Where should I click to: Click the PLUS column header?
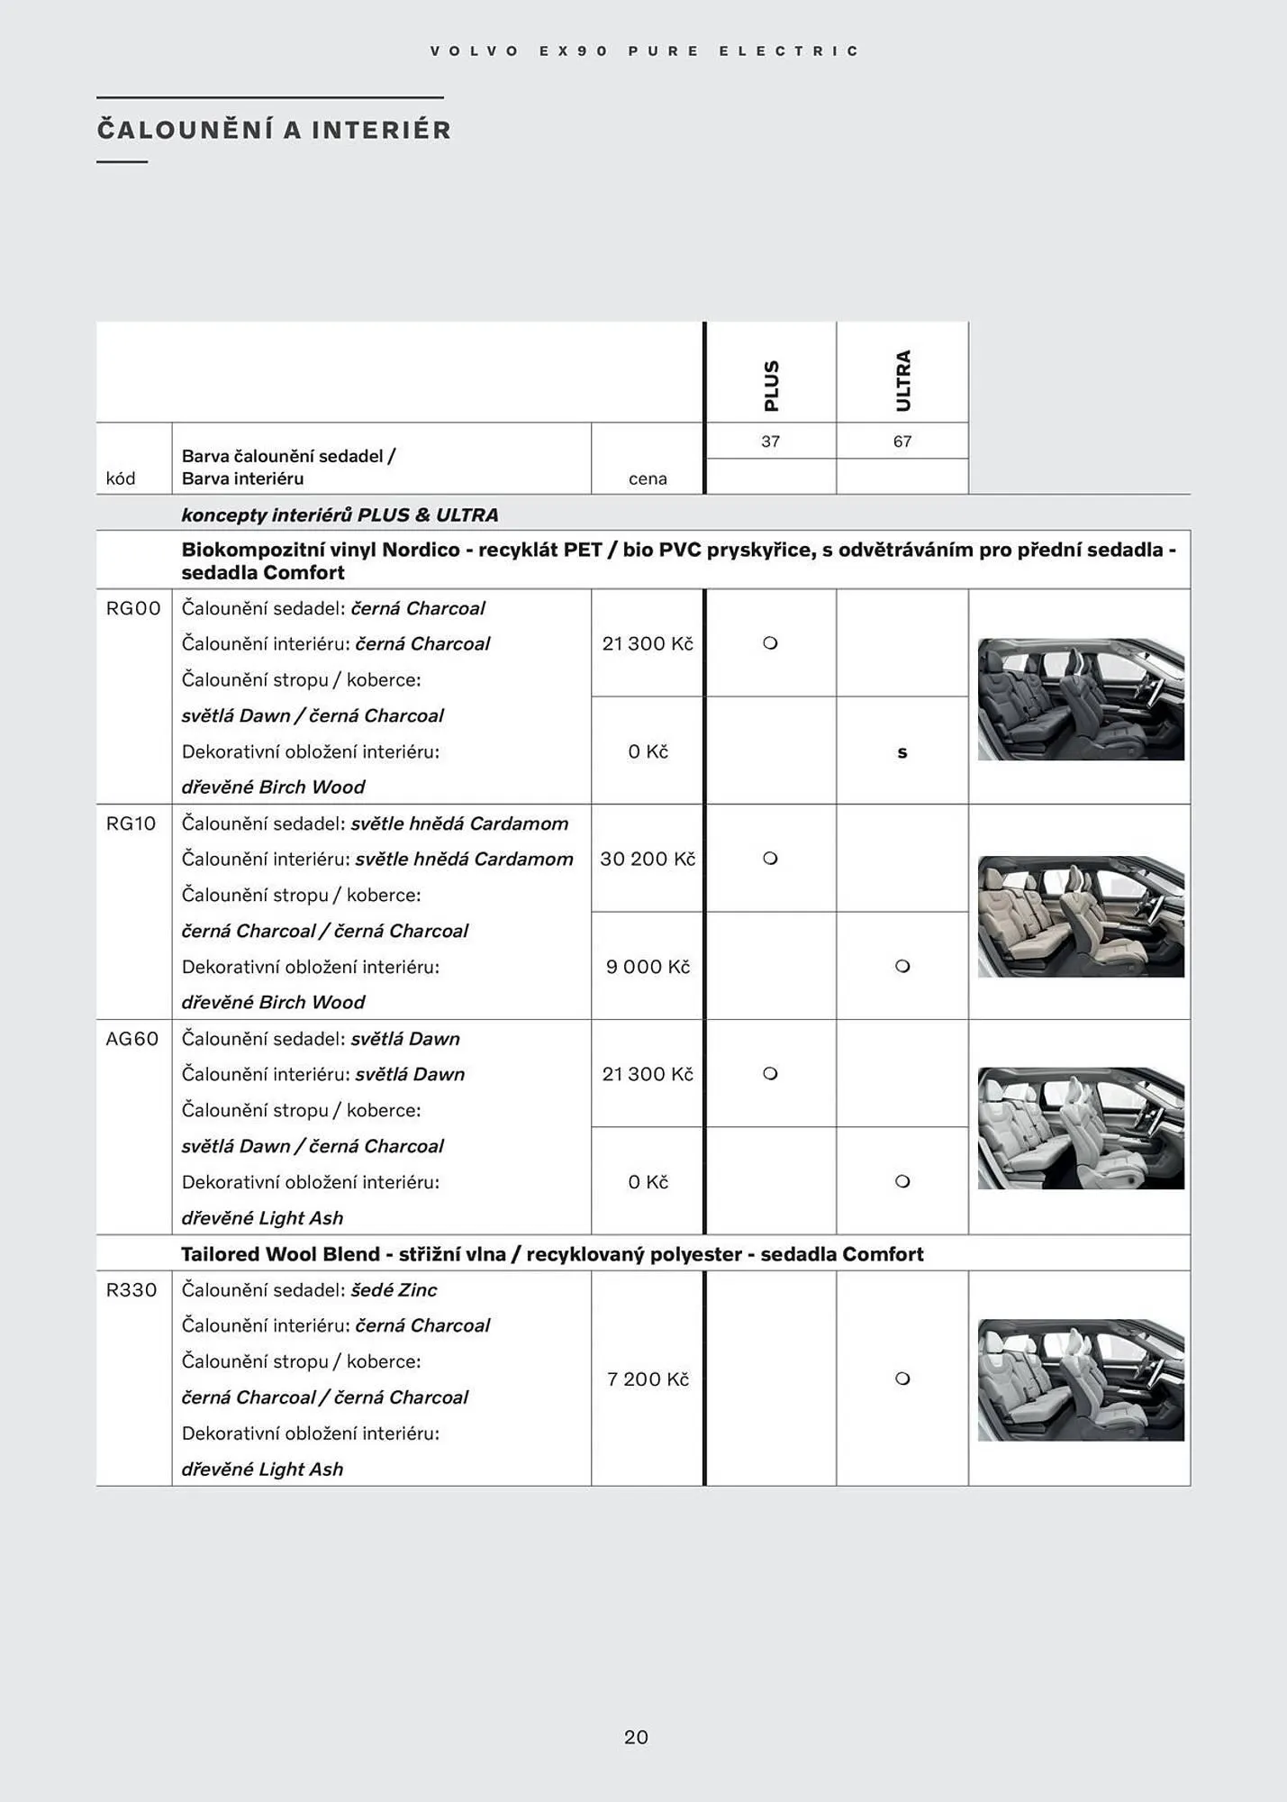click(x=771, y=386)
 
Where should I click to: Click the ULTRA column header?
click(x=903, y=381)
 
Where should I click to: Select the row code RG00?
click(x=133, y=608)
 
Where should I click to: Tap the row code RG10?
click(x=131, y=824)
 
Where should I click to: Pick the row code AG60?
click(x=132, y=1039)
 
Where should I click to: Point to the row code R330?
click(x=131, y=1290)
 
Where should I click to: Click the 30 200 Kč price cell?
click(x=648, y=859)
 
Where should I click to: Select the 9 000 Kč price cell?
click(x=648, y=967)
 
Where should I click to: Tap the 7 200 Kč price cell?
click(x=648, y=1379)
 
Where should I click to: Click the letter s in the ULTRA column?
click(x=902, y=752)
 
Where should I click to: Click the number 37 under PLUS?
click(x=770, y=441)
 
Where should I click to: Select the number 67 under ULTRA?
click(x=902, y=441)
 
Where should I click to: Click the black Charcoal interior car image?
click(x=1081, y=699)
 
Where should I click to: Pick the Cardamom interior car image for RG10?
click(x=1081, y=916)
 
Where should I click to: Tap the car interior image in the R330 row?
click(x=1081, y=1379)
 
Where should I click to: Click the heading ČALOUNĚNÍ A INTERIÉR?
click(x=275, y=131)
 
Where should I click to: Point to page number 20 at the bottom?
click(x=636, y=1737)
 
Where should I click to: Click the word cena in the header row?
click(x=648, y=478)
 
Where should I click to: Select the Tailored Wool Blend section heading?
click(x=552, y=1254)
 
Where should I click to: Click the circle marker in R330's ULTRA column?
click(x=902, y=1379)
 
